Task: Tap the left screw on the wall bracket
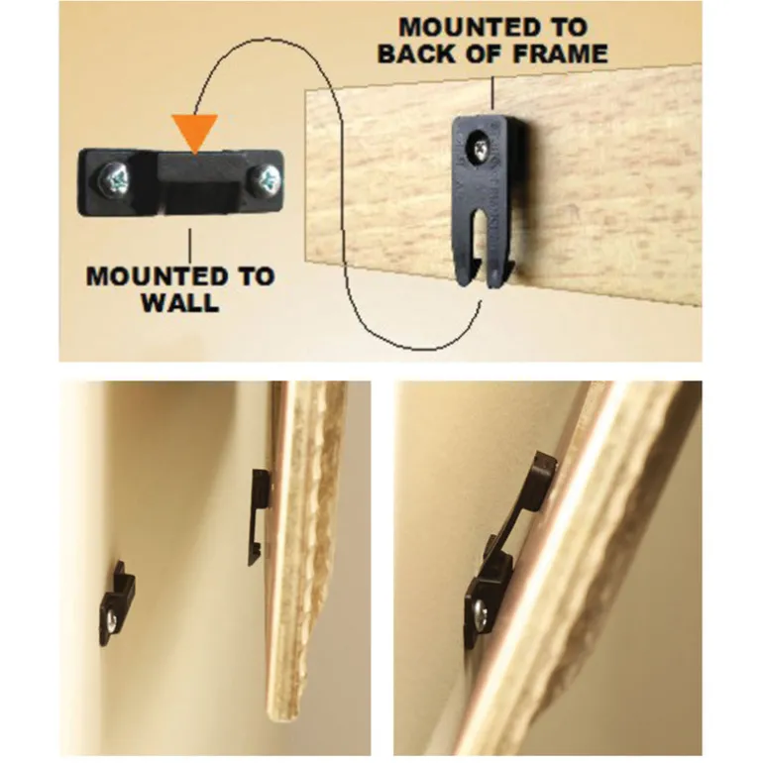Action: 116,181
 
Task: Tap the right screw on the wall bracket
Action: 266,180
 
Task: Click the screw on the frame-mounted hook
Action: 478,147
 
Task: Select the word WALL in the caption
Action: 179,302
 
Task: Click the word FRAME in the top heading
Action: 560,53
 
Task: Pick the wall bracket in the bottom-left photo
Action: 117,604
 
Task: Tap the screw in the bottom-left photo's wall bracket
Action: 112,621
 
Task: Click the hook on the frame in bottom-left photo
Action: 259,517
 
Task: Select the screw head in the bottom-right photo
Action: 480,613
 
